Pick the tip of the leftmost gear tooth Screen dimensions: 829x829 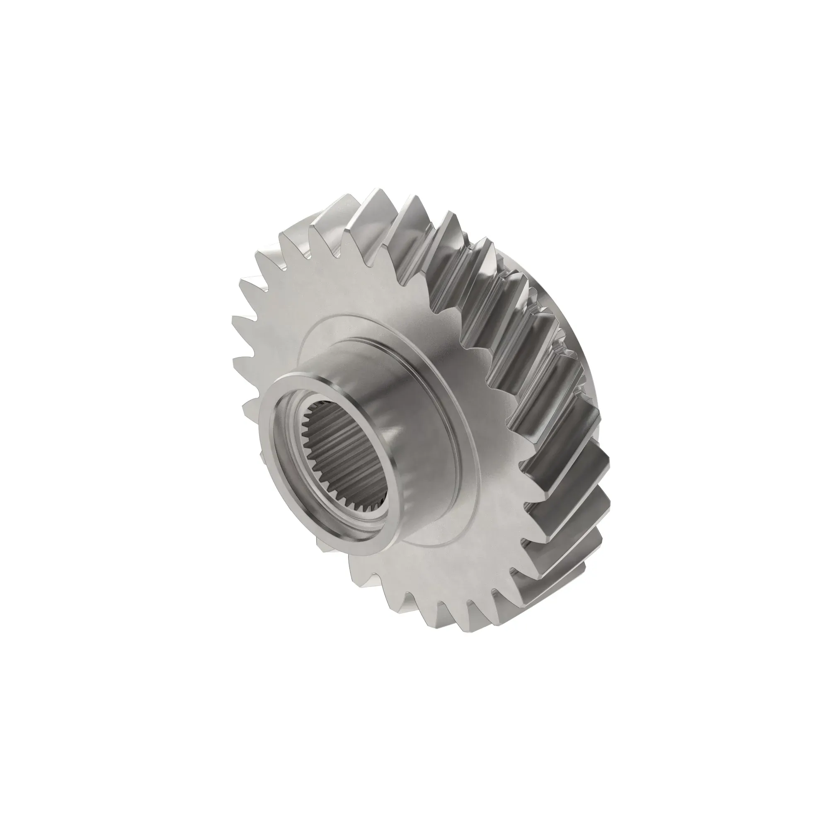234,320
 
